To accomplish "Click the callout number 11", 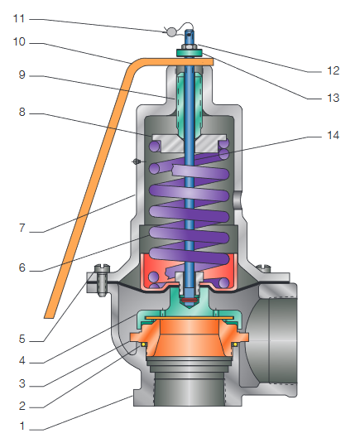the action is point(19,19).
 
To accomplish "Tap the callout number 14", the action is point(333,135).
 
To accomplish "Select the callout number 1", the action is point(22,426).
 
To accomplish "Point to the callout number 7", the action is point(22,228).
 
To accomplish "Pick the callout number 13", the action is point(333,98).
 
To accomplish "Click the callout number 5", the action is point(22,339).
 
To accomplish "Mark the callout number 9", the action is point(22,75).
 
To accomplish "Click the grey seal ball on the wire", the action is point(170,32).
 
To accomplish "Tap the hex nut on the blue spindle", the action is point(190,46).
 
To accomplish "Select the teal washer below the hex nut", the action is point(190,52).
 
